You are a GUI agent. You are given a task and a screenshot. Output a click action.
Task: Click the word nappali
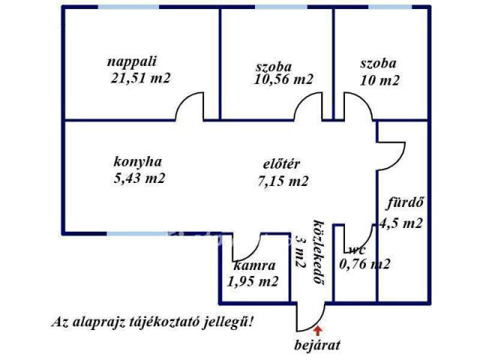(132, 61)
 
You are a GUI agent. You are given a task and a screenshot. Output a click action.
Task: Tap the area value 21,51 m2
(140, 78)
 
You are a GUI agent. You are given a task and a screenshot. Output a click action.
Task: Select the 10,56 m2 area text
(283, 79)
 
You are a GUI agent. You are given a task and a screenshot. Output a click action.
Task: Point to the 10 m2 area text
(379, 80)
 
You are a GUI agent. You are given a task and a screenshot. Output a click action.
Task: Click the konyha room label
(137, 162)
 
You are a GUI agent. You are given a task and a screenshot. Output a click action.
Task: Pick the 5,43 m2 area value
(139, 178)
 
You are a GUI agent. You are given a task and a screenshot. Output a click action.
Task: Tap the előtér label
(282, 164)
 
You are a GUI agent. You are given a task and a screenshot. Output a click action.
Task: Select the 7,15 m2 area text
(283, 181)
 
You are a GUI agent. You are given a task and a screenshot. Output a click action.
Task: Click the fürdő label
(405, 203)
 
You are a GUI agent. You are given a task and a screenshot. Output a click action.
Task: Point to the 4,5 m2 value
(401, 223)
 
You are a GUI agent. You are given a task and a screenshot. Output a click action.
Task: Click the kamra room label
(254, 265)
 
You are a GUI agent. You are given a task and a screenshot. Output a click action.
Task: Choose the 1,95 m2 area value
(253, 281)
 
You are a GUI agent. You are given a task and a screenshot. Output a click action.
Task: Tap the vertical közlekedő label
(319, 252)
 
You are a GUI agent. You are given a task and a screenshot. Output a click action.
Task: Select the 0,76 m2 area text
(364, 263)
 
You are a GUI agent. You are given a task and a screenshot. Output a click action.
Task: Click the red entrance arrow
(318, 330)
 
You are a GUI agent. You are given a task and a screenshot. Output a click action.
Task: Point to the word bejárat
(317, 345)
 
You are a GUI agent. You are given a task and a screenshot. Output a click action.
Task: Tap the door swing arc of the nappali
(189, 106)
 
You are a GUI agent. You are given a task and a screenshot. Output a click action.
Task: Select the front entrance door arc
(310, 317)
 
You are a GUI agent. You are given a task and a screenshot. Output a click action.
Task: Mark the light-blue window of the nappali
(128, 7)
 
